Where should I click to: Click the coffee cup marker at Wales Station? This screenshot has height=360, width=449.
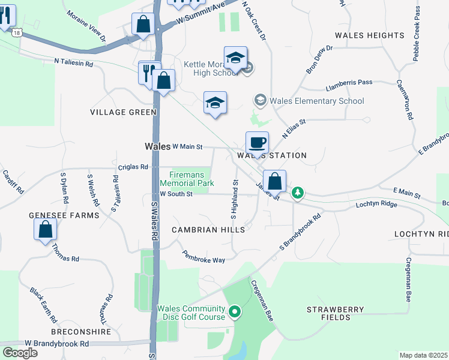pyautogui.click(x=257, y=143)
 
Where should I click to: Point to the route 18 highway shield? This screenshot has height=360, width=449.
pyautogui.click(x=18, y=34)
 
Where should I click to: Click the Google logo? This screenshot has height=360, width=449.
pyautogui.click(x=20, y=353)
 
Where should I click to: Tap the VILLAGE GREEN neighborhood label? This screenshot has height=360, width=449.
pyautogui.click(x=123, y=112)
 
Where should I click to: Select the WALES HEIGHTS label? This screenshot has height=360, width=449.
pyautogui.click(x=370, y=36)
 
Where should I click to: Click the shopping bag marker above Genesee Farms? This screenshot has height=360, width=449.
pyautogui.click(x=45, y=229)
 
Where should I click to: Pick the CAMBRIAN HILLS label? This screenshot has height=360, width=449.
pyautogui.click(x=208, y=230)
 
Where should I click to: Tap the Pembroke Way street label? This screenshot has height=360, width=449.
pyautogui.click(x=204, y=256)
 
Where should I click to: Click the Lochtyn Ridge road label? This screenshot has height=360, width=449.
pyautogui.click(x=376, y=204)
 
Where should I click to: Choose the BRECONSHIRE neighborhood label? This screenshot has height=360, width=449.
pyautogui.click(x=81, y=331)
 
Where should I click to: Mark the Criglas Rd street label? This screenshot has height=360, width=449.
pyautogui.click(x=133, y=167)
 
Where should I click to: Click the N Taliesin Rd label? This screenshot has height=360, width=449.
pyautogui.click(x=74, y=62)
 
